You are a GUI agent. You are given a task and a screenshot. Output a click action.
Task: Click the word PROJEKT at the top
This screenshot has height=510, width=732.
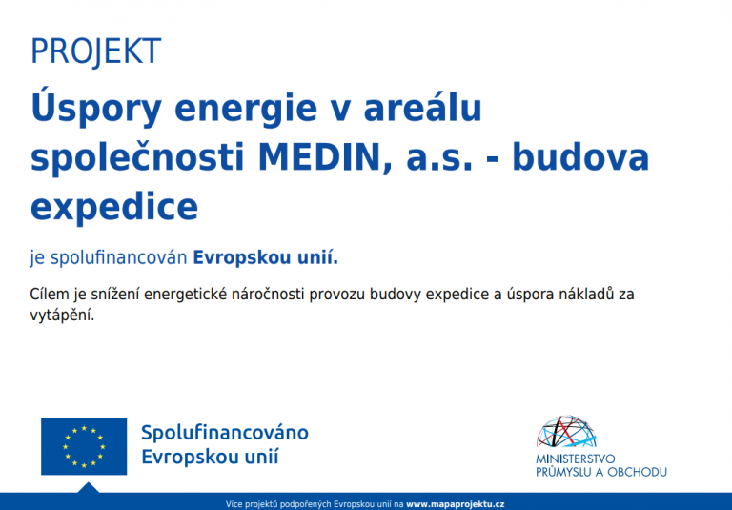95,51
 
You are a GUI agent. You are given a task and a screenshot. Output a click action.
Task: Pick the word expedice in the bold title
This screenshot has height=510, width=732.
114,206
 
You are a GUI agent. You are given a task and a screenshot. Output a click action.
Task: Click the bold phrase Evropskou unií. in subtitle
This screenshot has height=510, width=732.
266,257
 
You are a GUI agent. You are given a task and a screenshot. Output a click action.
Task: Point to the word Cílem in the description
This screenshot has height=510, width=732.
50,295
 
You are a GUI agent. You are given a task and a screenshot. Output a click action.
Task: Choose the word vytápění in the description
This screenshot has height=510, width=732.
63,315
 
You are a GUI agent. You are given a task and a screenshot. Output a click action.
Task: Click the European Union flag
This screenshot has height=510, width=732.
84,445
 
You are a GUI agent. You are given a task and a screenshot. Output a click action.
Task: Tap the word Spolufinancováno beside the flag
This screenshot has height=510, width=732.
225,433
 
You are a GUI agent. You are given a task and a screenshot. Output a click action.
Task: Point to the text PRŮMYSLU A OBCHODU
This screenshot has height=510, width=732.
601,472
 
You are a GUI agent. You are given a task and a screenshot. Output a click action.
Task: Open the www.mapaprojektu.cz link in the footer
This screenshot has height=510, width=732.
455,502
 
